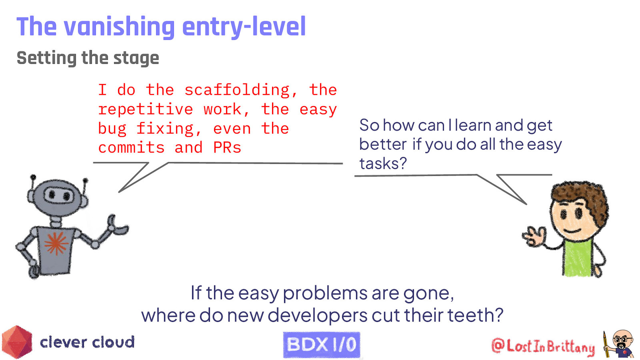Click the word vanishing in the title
(x=119, y=27)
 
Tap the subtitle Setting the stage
(x=88, y=58)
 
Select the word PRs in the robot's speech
(x=227, y=148)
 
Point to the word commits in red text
(x=131, y=148)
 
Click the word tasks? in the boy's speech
(x=383, y=164)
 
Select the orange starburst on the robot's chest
(x=56, y=243)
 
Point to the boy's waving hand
(x=534, y=236)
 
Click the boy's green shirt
(x=577, y=258)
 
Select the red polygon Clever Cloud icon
(x=17, y=342)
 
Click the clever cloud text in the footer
(x=87, y=342)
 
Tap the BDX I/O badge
(x=322, y=344)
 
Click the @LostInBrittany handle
(x=543, y=346)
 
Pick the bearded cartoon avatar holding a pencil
(x=619, y=344)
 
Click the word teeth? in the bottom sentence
(x=475, y=315)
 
